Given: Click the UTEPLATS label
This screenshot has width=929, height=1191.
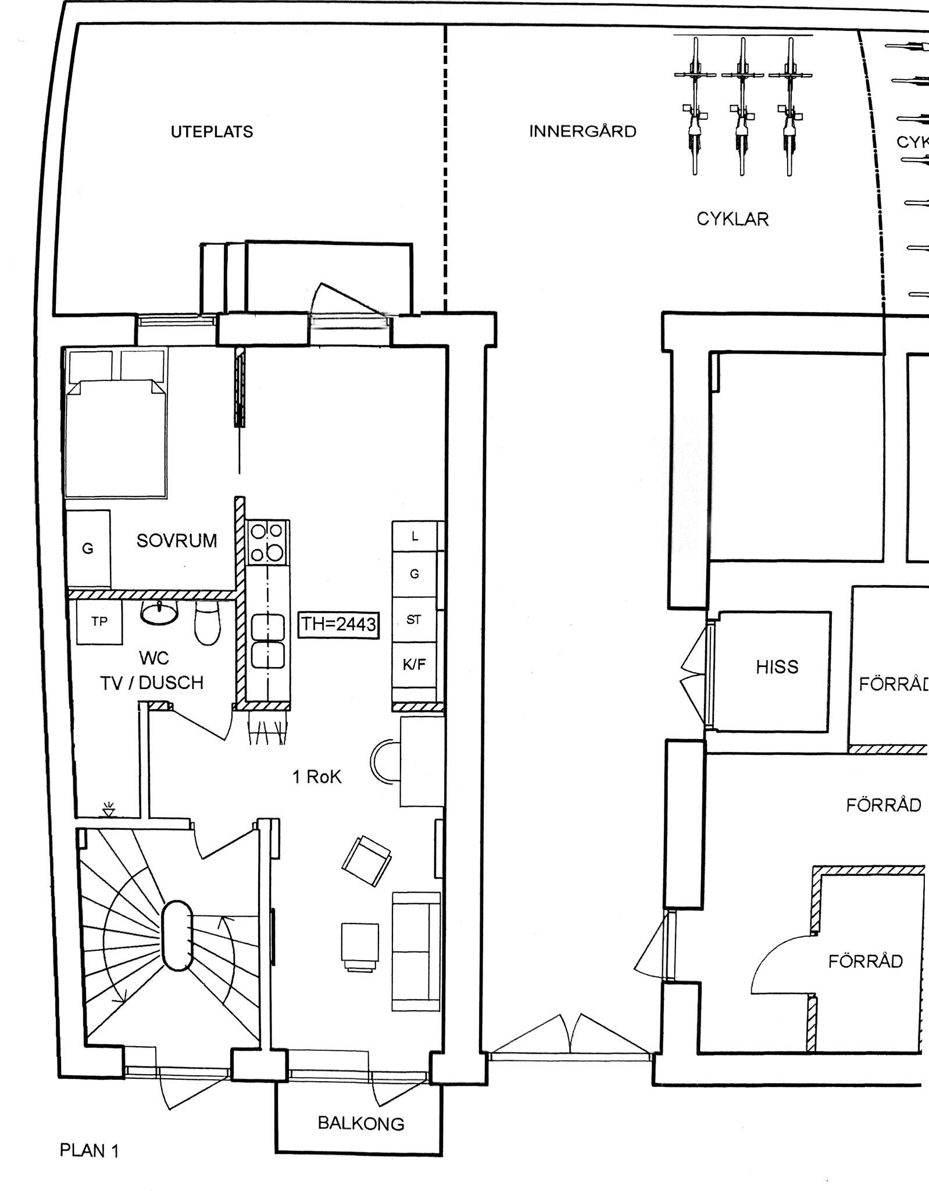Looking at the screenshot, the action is click(212, 132).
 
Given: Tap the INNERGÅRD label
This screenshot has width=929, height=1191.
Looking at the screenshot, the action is click(583, 131).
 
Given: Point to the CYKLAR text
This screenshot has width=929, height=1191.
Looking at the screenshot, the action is click(733, 219).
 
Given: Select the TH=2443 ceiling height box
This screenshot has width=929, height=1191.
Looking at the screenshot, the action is click(338, 624).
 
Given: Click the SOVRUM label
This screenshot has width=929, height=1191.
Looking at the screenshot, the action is click(177, 541).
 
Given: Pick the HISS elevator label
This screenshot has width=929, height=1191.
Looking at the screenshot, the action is click(777, 667).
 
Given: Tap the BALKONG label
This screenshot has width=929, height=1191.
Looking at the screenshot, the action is click(361, 1123).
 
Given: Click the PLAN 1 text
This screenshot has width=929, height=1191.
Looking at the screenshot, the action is click(90, 1150).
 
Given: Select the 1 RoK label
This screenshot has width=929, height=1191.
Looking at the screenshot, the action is click(317, 777).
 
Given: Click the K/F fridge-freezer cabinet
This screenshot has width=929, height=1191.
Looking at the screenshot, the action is click(415, 665).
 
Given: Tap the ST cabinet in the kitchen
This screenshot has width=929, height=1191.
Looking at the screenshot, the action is click(414, 620).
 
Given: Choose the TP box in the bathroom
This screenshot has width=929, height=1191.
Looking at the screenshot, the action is click(100, 622).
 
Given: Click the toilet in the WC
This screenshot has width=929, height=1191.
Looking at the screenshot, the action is click(208, 623).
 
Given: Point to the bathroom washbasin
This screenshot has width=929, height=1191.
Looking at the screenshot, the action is click(159, 612).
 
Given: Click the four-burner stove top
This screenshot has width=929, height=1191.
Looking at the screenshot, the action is click(267, 542).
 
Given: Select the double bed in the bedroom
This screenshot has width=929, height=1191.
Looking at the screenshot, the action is click(116, 422).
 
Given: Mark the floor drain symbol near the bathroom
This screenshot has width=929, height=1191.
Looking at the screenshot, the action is click(109, 810).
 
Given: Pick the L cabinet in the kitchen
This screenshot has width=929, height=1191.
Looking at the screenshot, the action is click(415, 537).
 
